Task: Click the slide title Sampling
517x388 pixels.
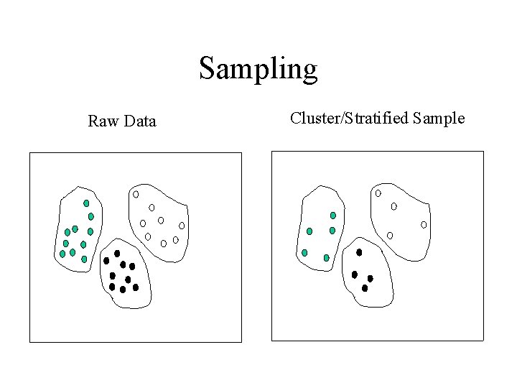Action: click(258, 69)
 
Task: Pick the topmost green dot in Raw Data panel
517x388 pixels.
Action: click(86, 203)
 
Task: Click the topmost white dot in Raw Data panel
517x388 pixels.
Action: click(135, 194)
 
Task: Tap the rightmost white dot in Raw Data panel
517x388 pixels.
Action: click(182, 226)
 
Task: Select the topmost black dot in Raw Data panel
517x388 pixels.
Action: click(117, 253)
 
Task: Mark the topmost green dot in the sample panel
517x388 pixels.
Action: click(332, 216)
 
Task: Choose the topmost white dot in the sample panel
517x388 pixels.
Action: click(378, 193)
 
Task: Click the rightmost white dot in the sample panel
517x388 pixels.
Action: click(424, 225)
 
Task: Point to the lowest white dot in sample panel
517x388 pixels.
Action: click(390, 235)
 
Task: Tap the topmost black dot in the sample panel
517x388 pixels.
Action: click(359, 252)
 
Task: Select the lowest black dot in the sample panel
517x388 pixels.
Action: click(365, 288)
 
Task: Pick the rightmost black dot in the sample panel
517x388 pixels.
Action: click(371, 278)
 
